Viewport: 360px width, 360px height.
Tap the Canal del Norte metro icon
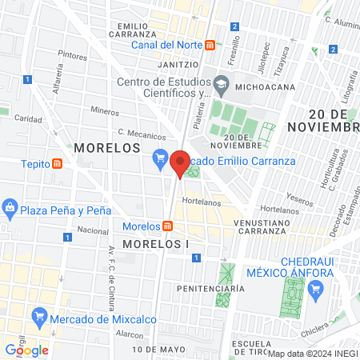pyautogui.click(x=209, y=45)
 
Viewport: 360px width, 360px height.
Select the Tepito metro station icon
pyautogui.click(x=58, y=164)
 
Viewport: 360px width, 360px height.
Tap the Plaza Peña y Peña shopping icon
pyautogui.click(x=10, y=210)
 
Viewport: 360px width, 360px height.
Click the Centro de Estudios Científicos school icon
pyautogui.click(x=221, y=83)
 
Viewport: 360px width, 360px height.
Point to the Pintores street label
pyautogui.click(x=73, y=56)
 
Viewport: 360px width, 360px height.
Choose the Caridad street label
pyautogui.click(x=29, y=118)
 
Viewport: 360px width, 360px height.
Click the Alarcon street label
pyautogui.click(x=129, y=334)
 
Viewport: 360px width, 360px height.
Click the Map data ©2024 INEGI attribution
pyautogui.click(x=312, y=353)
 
